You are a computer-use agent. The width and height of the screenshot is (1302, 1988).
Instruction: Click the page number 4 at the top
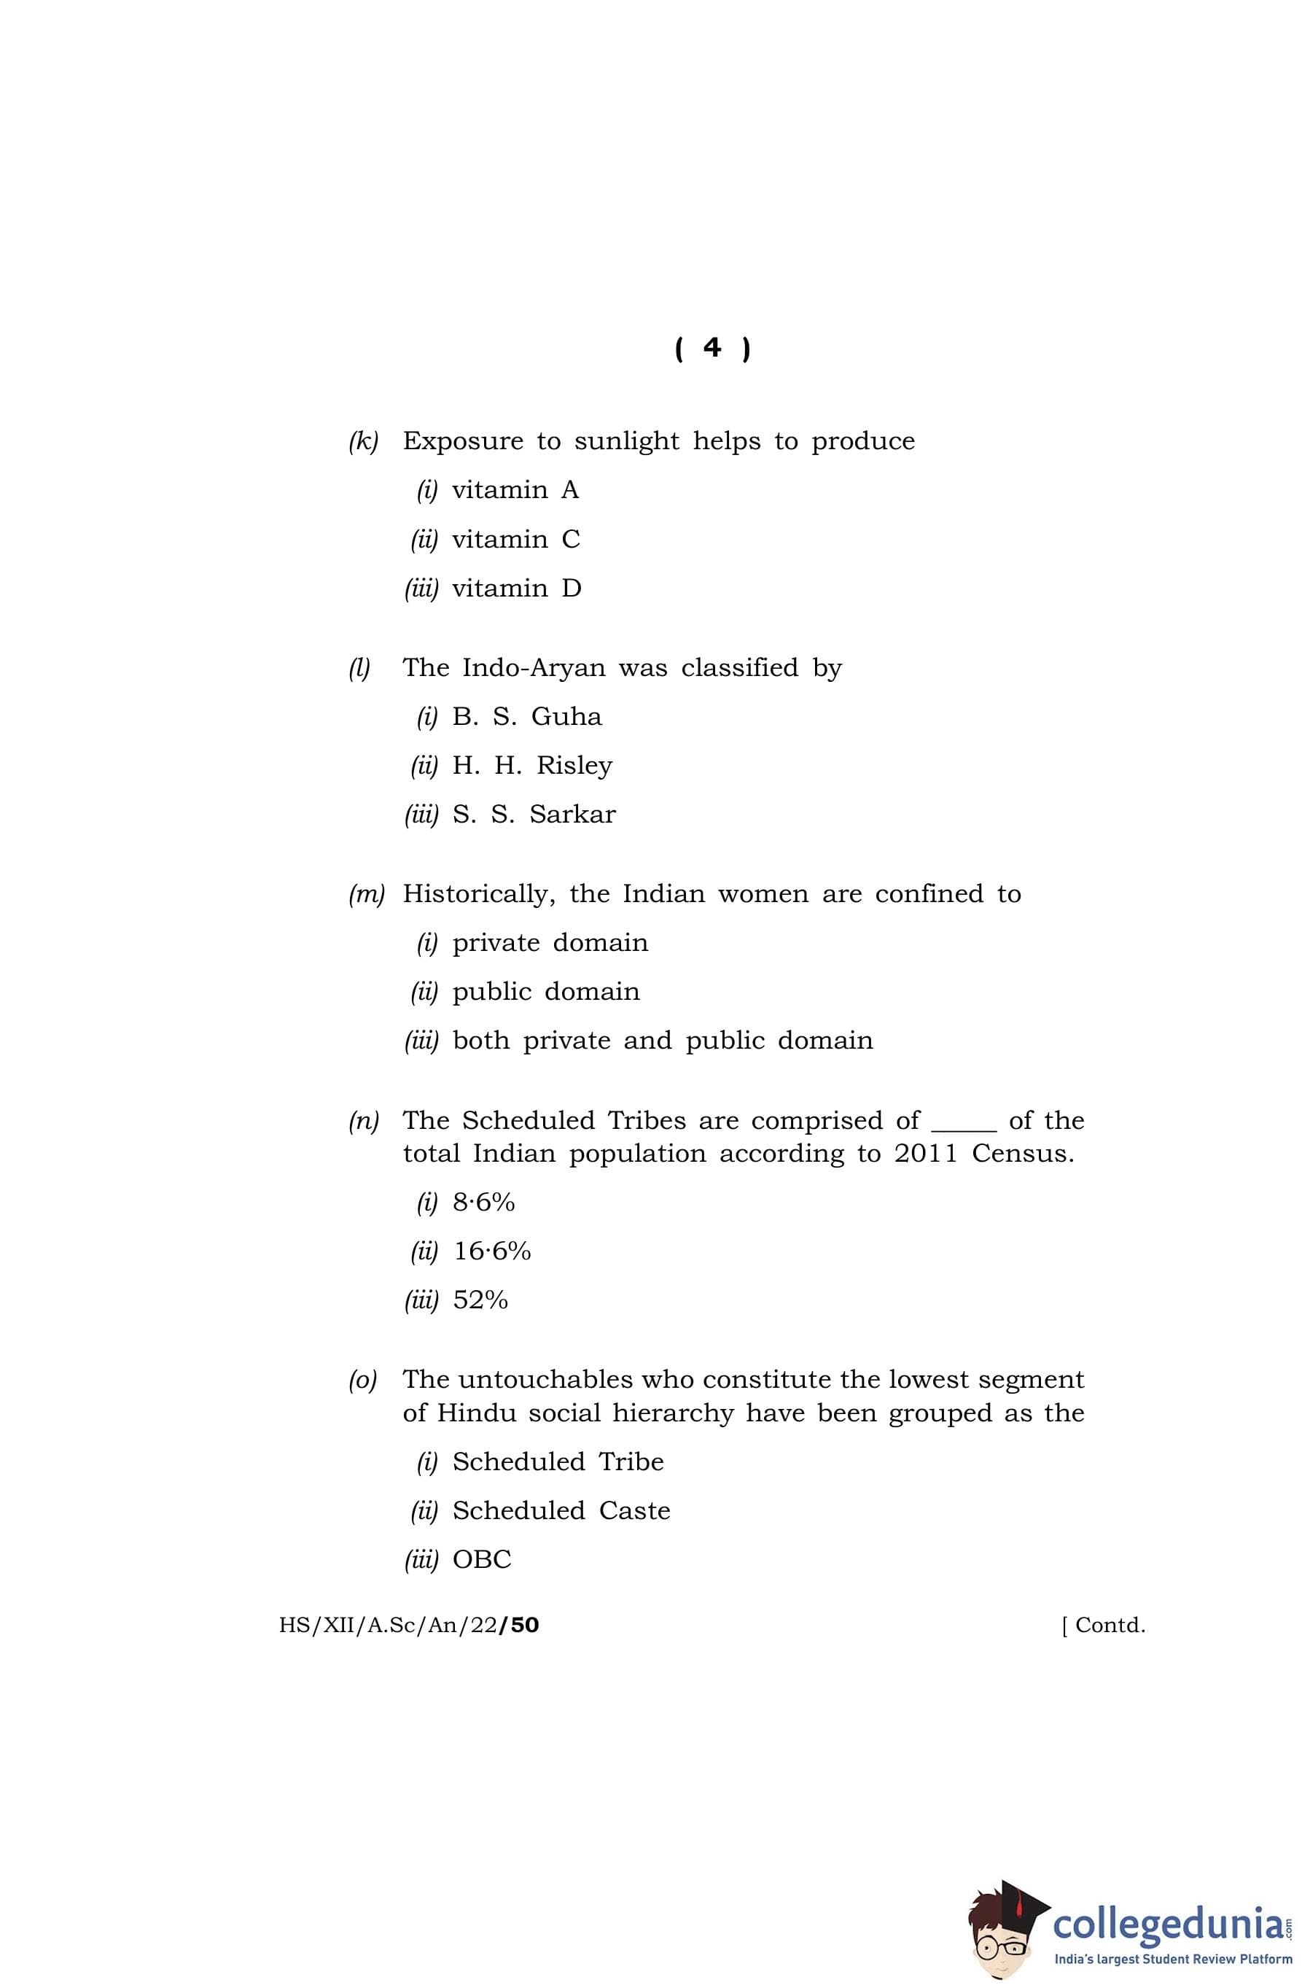click(712, 347)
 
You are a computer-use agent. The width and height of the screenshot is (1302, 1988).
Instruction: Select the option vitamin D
click(515, 589)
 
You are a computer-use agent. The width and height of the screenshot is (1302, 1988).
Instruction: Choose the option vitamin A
click(515, 490)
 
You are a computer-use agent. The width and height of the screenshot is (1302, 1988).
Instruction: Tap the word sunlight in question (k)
click(626, 441)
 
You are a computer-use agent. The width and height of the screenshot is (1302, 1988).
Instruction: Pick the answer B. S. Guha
click(526, 717)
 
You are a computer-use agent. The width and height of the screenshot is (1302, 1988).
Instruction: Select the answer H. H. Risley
click(532, 765)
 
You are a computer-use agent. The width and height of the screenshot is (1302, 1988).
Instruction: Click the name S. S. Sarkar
click(534, 815)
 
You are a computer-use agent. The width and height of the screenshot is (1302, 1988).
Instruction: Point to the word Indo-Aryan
click(534, 667)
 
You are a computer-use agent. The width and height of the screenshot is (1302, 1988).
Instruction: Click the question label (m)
click(366, 894)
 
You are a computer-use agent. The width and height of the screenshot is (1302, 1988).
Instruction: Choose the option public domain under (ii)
click(545, 992)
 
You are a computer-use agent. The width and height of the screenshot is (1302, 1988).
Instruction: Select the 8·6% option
click(483, 1202)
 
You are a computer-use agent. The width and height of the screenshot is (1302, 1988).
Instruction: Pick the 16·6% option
click(492, 1251)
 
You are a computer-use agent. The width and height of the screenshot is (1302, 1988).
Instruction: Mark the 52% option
click(480, 1300)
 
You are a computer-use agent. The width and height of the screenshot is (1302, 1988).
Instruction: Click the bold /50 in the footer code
click(518, 1625)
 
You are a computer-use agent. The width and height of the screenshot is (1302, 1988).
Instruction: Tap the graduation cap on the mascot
click(1021, 1900)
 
